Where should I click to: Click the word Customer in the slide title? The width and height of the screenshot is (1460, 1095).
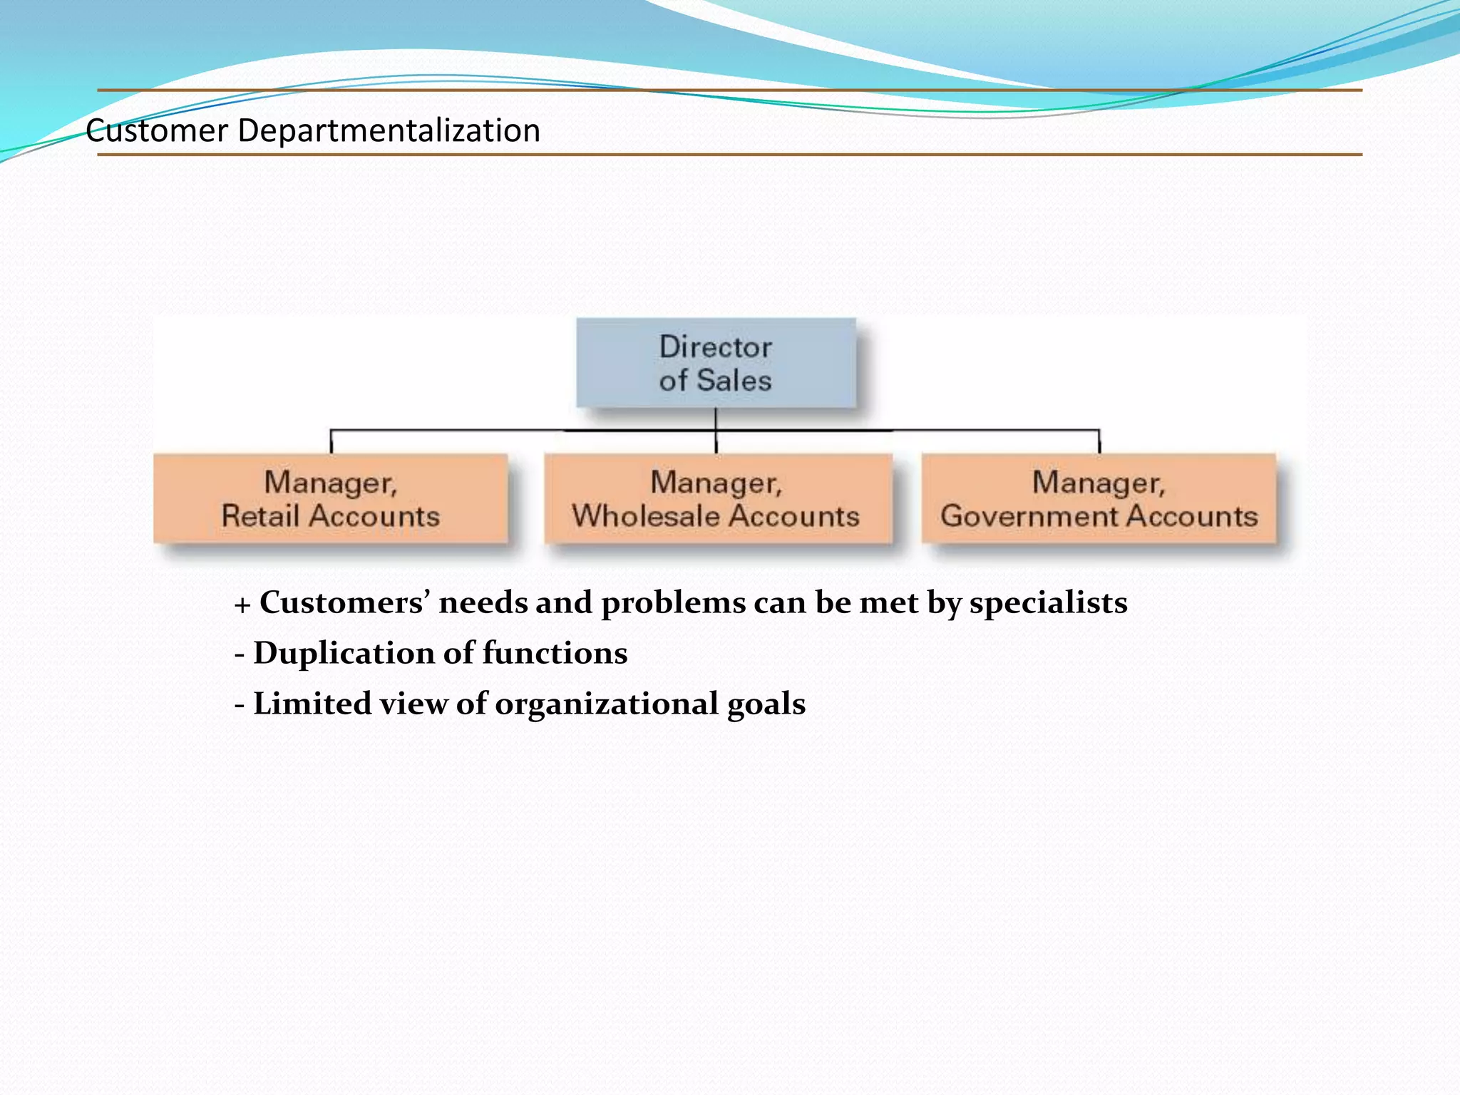click(157, 131)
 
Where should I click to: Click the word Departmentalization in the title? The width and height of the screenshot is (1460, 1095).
click(389, 131)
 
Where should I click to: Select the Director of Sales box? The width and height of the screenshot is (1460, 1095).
click(716, 363)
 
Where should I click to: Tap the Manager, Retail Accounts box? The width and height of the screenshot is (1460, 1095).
click(331, 498)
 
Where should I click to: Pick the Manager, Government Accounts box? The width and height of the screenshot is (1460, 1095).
click(1099, 498)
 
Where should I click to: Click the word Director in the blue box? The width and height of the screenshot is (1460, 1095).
click(716, 347)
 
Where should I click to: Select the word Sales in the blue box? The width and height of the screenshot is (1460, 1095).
click(734, 380)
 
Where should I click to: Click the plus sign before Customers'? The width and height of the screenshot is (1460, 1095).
click(242, 605)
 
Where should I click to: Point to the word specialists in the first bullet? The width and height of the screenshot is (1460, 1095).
click(1048, 603)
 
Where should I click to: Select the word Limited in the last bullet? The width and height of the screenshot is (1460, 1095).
click(312, 704)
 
